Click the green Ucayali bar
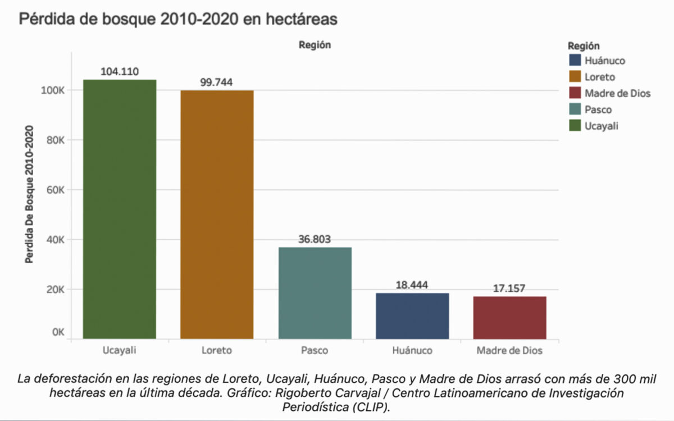click(x=120, y=209)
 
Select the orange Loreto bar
click(x=217, y=214)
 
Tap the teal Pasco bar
click(x=315, y=293)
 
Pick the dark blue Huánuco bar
click(x=412, y=315)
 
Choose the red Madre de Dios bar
click(x=509, y=317)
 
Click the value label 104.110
click(x=120, y=71)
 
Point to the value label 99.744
click(x=217, y=82)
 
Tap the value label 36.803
click(x=315, y=239)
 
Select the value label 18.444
click(x=412, y=285)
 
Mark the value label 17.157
click(x=509, y=289)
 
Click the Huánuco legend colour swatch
click(x=575, y=61)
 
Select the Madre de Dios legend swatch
click(x=575, y=93)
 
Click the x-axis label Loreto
click(x=217, y=351)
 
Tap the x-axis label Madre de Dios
click(x=509, y=351)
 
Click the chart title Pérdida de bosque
click(x=178, y=19)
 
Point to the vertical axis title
click(x=29, y=195)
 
